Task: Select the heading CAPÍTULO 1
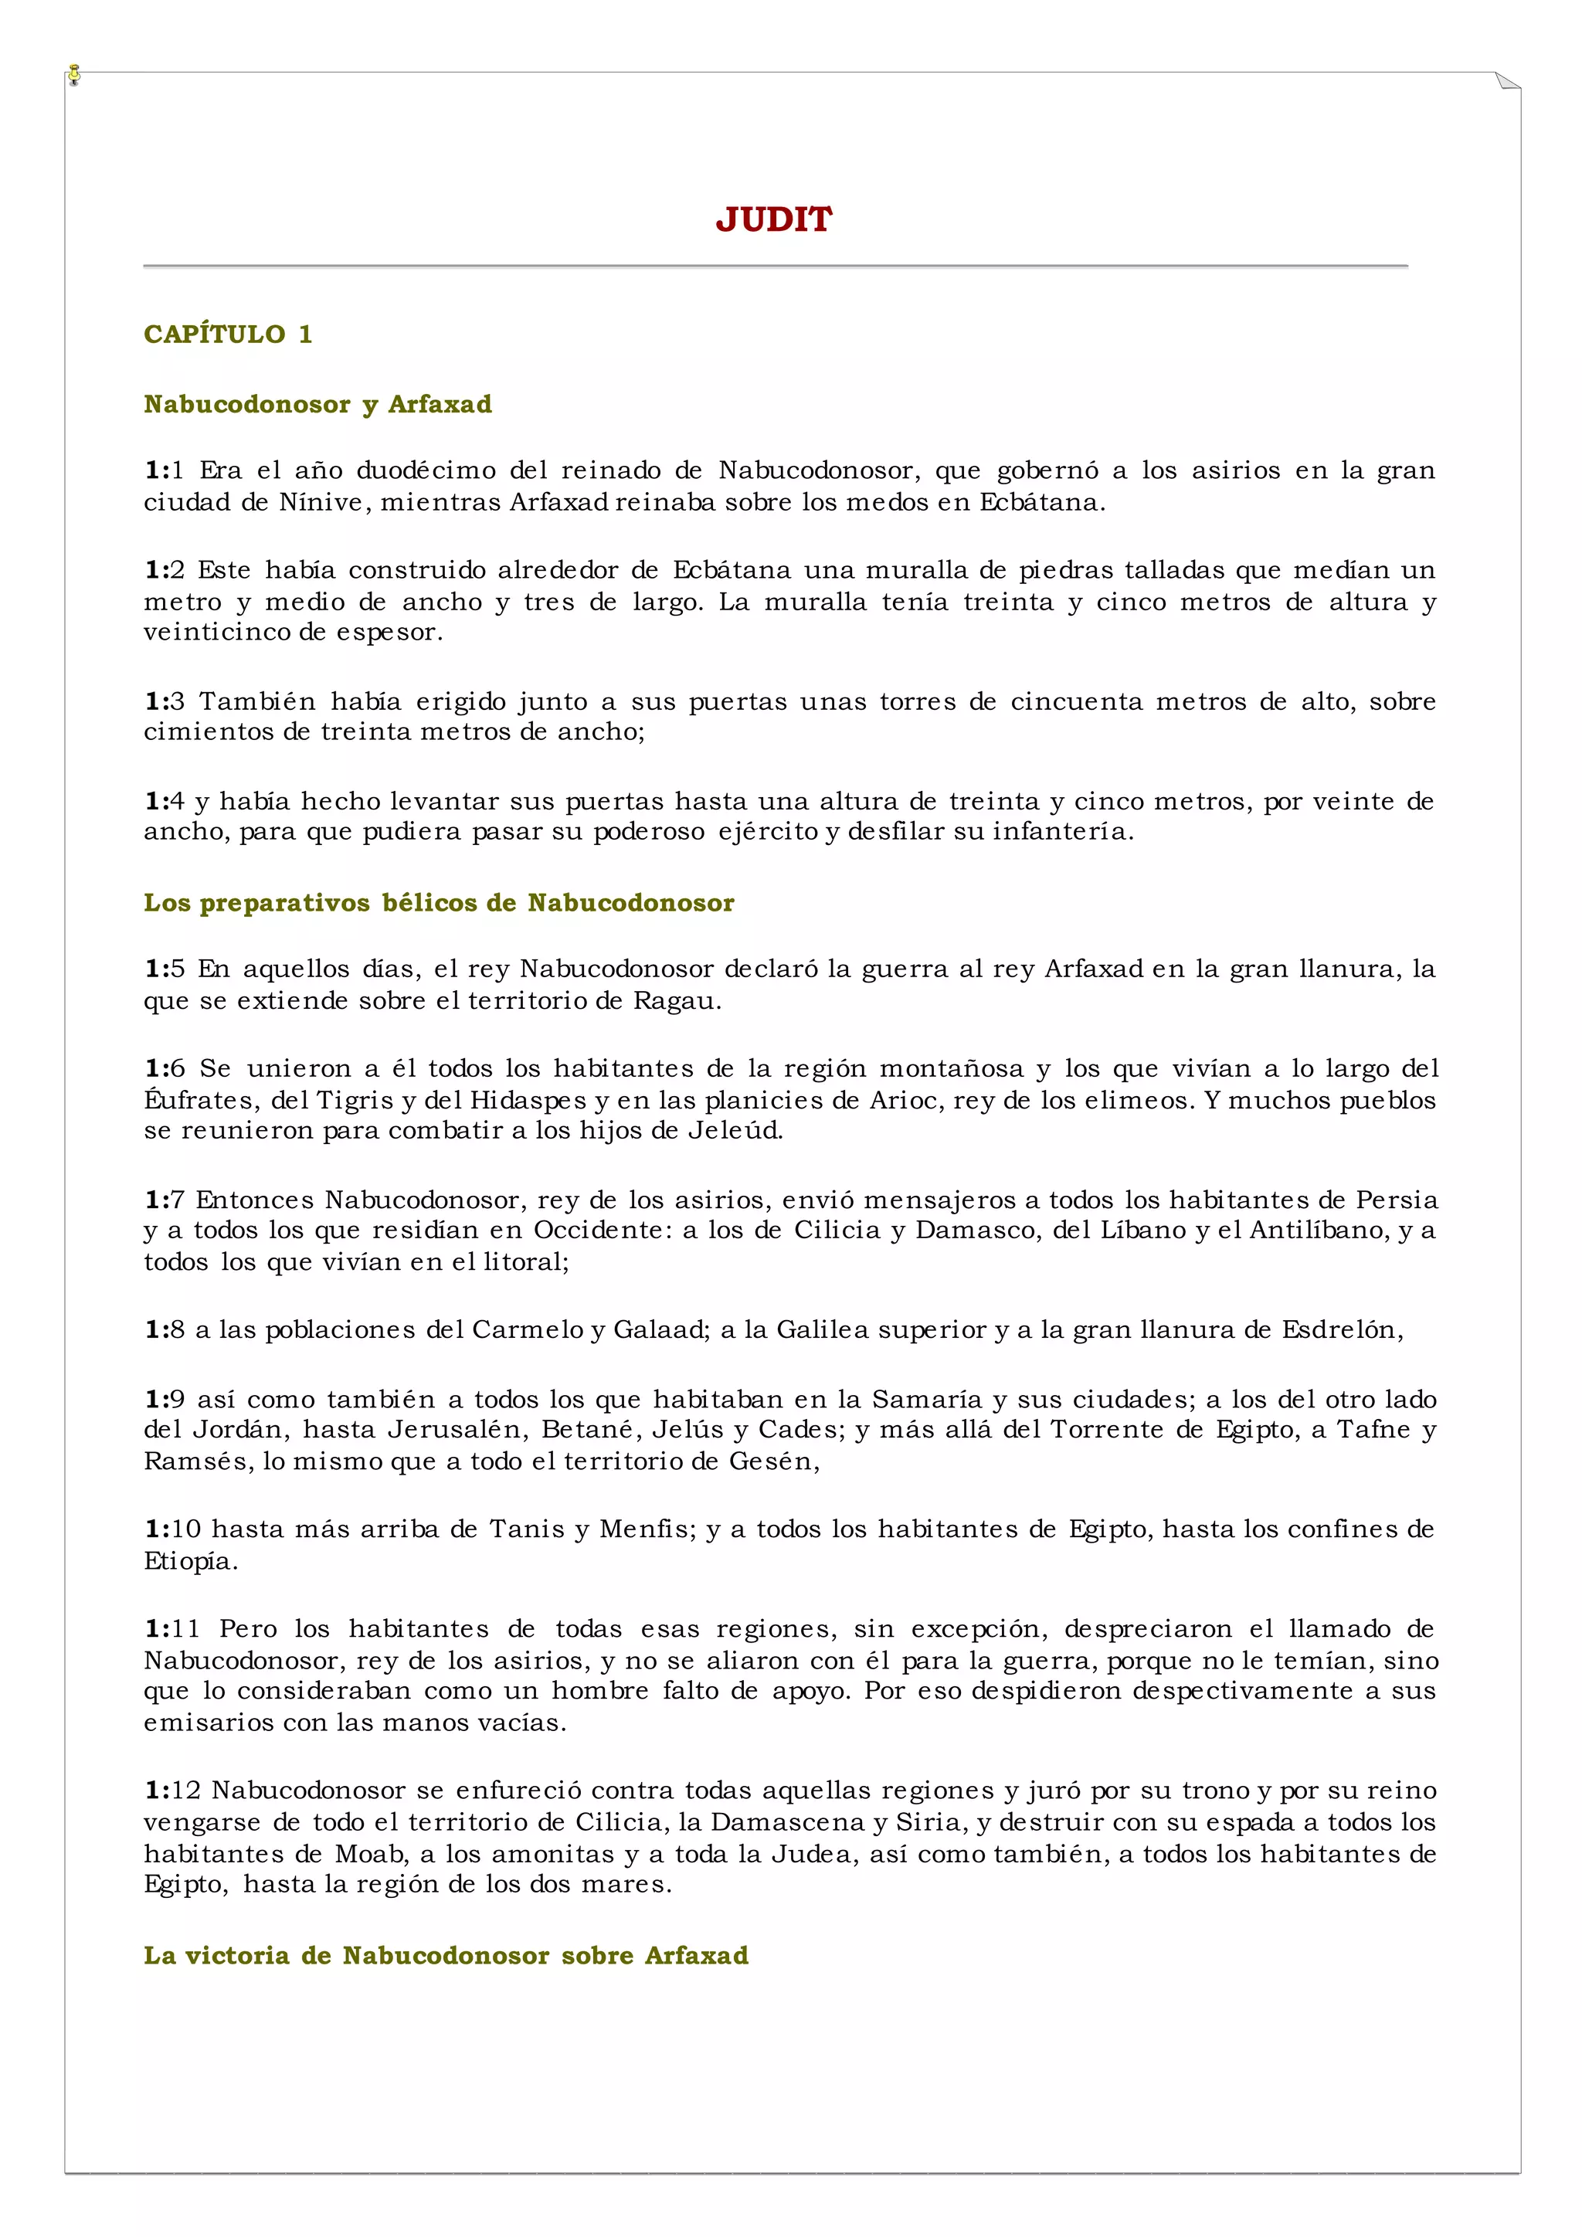pyautogui.click(x=228, y=334)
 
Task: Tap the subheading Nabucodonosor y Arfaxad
pyautogui.click(x=317, y=404)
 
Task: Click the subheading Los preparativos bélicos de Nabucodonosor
pyautogui.click(x=438, y=903)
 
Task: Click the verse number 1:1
pyautogui.click(x=164, y=470)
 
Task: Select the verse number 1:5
pyautogui.click(x=164, y=969)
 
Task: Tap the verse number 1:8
pyautogui.click(x=164, y=1330)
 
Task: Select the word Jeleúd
pyautogui.click(x=735, y=1131)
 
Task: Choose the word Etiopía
pyautogui.click(x=191, y=1561)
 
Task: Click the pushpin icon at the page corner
pyautogui.click(x=75, y=75)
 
